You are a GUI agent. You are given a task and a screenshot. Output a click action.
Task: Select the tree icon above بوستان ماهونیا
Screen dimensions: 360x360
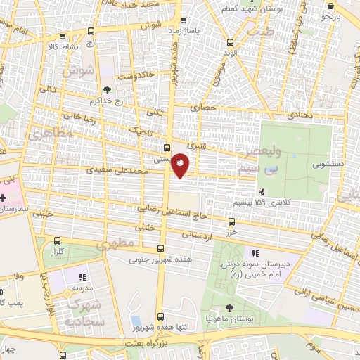pyautogui.click(x=231, y=308)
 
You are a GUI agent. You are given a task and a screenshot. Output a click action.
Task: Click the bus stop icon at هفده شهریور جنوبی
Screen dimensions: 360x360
pyautogui.click(x=162, y=249)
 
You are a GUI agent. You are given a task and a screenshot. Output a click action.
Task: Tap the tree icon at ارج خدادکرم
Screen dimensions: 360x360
pyautogui.click(x=106, y=90)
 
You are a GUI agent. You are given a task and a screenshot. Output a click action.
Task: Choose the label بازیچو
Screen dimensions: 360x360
pyautogui.click(x=345, y=13)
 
